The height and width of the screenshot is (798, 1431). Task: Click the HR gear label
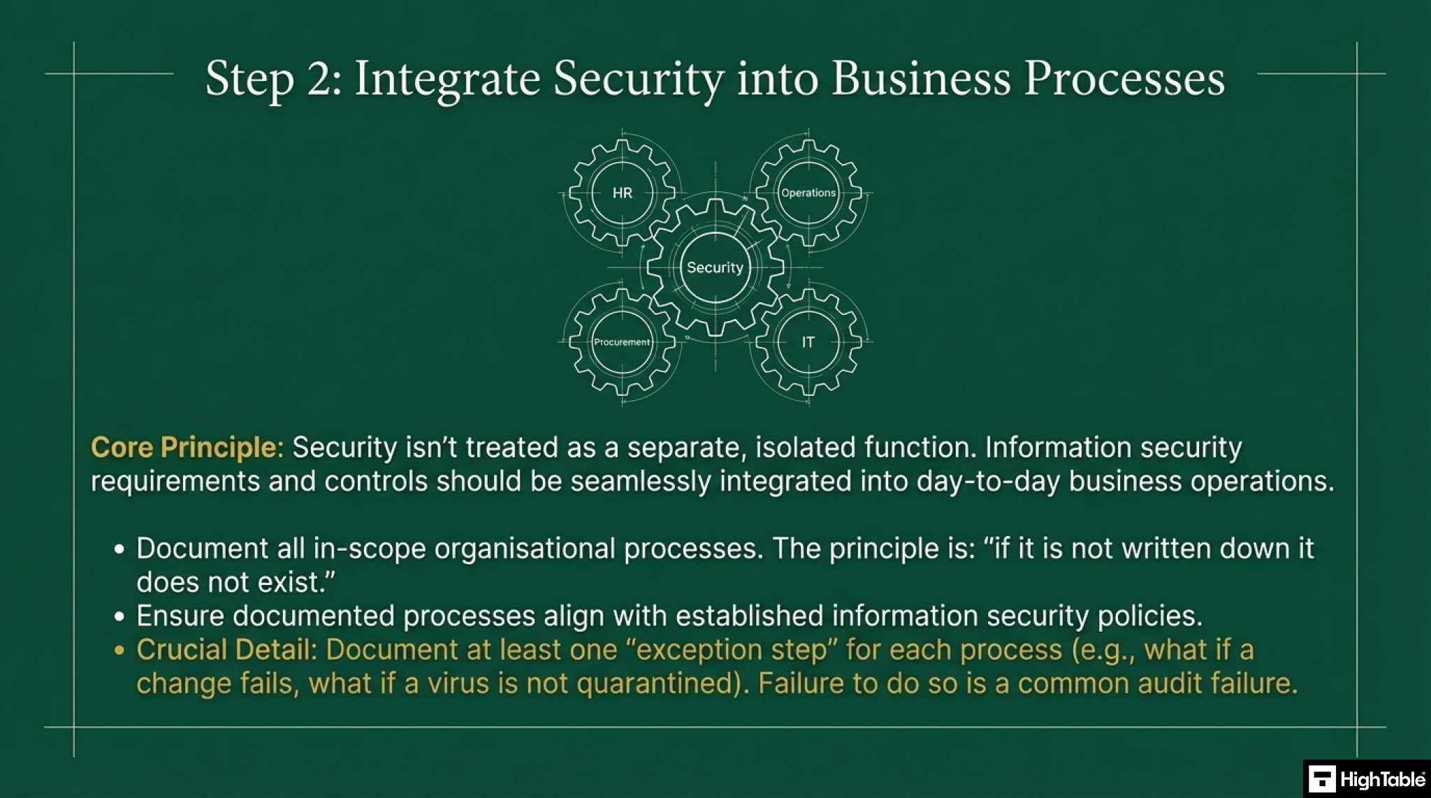622,193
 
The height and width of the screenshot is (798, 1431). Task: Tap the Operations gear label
808,193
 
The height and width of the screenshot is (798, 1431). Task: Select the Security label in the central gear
715,267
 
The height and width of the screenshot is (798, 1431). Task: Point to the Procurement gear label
622,342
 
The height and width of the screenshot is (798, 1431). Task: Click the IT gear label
808,342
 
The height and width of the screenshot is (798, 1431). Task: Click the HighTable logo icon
1321,779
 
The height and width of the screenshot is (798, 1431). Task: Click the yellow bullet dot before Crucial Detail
119,651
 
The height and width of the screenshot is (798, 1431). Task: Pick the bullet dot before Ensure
119,617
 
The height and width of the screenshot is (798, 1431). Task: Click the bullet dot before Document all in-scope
119,549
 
